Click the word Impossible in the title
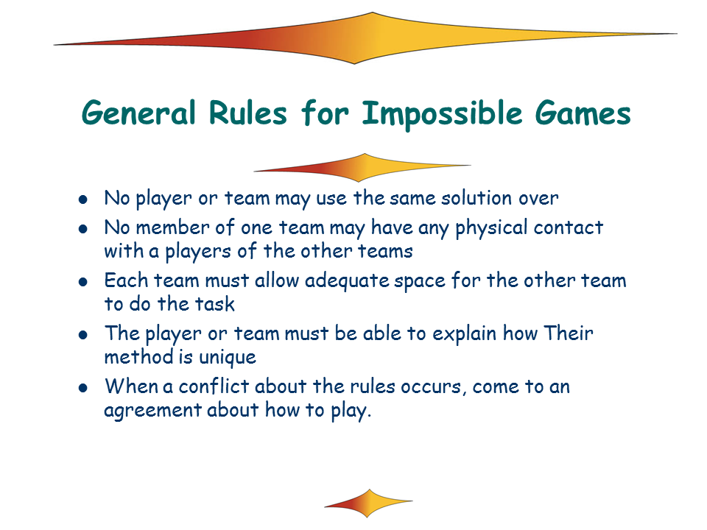coord(443,115)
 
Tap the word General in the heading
coord(138,113)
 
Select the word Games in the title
coord(583,113)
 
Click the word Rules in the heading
coord(247,113)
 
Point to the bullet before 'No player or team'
coord(83,199)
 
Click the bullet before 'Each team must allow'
coord(83,282)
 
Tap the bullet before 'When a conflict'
coord(83,388)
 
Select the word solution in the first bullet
coord(476,198)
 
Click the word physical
coord(491,228)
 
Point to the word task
coord(215,304)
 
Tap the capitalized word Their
coord(568,333)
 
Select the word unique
coord(228,358)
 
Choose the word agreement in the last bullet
coord(152,411)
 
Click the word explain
coord(464,334)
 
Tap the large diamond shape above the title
coord(365,38)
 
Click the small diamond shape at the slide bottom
coord(368,503)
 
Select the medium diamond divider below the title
coord(362,168)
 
